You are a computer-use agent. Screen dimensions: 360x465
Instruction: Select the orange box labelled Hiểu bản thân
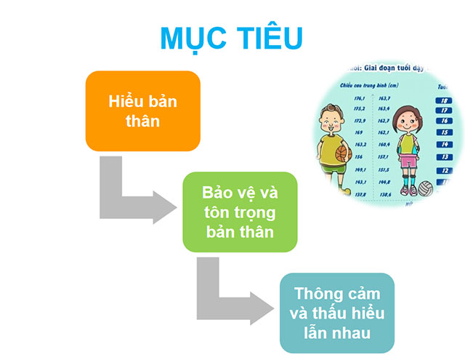(x=132, y=111)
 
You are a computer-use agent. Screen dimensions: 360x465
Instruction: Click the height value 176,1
(x=359, y=99)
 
